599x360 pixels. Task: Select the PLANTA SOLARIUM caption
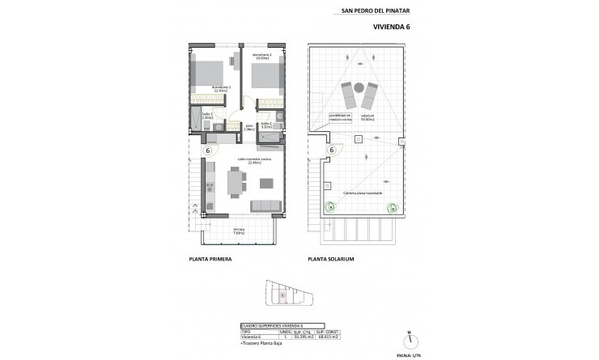pos(332,260)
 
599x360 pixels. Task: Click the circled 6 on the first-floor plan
pos(208,150)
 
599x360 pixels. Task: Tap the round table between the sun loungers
pos(356,87)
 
